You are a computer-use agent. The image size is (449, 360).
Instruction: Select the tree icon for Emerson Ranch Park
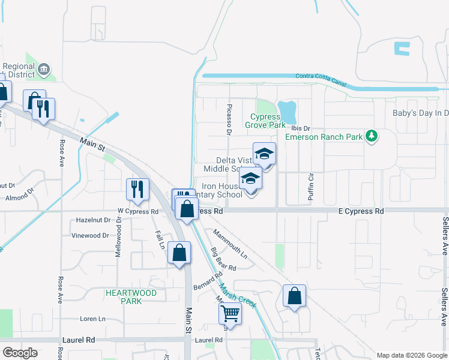click(372, 136)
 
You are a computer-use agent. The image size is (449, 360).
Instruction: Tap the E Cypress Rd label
click(361, 211)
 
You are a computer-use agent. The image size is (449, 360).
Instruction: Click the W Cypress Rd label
click(137, 211)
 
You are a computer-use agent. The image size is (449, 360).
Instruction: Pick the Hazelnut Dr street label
click(94, 220)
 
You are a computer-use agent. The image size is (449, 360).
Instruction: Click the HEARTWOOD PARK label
click(131, 297)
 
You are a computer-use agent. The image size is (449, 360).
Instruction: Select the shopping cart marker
click(231, 313)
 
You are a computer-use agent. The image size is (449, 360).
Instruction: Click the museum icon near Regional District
click(44, 70)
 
